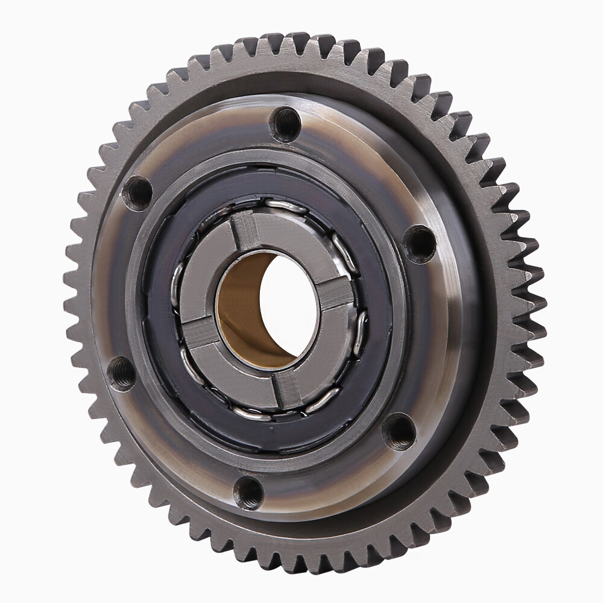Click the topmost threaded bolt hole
(x=285, y=124)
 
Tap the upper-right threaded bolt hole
(x=419, y=243)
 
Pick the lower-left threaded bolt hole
(x=121, y=373)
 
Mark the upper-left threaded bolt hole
(x=137, y=193)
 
